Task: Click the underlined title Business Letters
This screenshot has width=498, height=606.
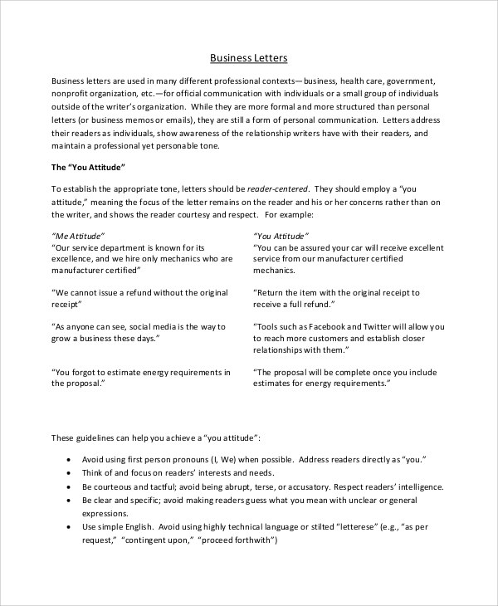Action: tap(248, 58)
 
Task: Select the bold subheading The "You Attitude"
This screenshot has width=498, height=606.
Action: tap(87, 167)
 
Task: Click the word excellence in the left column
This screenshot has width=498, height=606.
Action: tap(77, 259)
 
